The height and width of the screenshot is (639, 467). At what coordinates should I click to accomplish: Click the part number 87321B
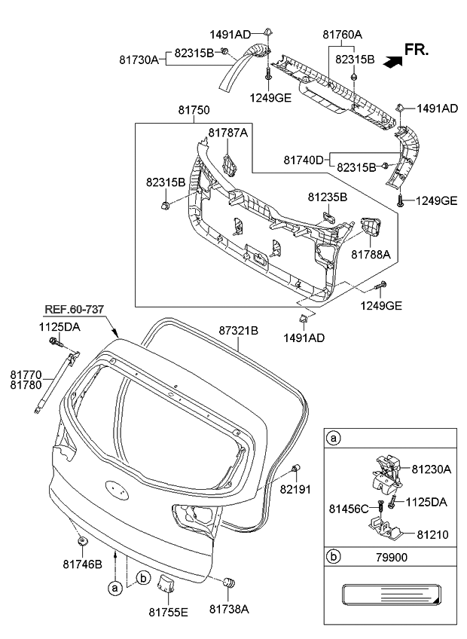(239, 330)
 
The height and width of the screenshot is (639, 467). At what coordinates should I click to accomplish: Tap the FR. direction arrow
(393, 63)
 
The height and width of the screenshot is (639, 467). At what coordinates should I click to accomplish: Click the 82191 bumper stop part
(295, 471)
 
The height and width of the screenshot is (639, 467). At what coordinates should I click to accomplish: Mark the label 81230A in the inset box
(431, 469)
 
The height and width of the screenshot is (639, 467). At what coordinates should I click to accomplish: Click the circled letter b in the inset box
(332, 559)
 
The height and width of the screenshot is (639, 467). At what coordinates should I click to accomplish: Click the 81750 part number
(194, 110)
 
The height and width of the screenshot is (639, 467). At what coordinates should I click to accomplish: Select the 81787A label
(227, 133)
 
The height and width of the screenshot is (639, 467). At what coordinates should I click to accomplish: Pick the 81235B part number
(327, 197)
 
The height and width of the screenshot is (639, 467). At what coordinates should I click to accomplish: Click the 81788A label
(371, 255)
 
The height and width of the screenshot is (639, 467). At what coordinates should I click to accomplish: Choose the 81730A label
(138, 59)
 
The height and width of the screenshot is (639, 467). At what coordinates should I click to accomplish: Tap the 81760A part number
(343, 34)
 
